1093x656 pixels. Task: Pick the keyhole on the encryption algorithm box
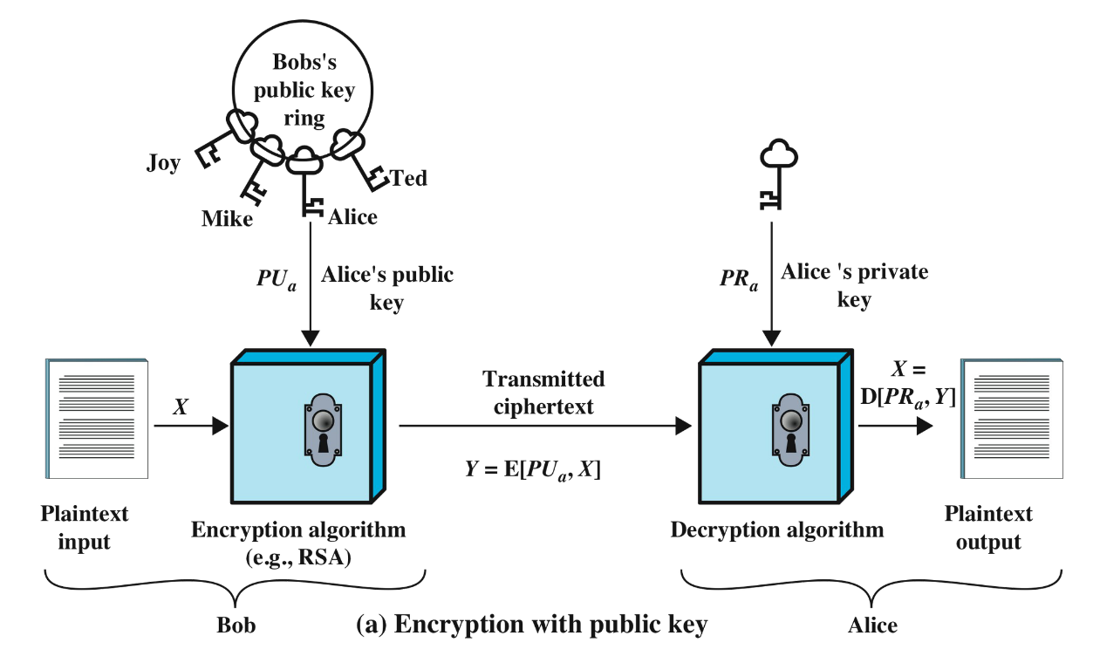point(324,429)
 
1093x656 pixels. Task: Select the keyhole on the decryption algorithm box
point(791,429)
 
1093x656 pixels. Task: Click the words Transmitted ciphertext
point(543,393)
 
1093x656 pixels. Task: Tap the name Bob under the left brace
point(235,626)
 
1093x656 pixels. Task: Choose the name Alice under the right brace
point(872,626)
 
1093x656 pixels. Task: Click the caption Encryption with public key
point(532,625)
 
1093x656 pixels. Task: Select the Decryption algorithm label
point(776,530)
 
